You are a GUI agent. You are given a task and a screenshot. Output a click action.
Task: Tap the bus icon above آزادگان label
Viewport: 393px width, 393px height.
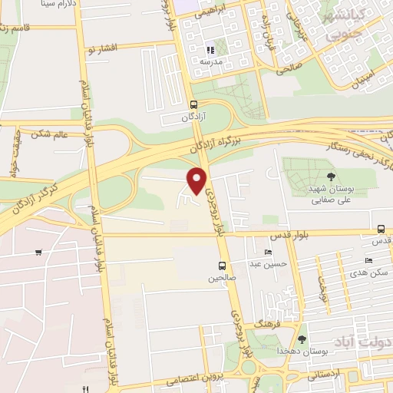[x=193, y=104]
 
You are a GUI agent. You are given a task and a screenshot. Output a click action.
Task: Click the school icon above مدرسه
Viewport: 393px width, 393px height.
[x=210, y=50]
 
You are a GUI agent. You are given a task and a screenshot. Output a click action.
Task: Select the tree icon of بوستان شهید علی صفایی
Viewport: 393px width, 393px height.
[x=331, y=177]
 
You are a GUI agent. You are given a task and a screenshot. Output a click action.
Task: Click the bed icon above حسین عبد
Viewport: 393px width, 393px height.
[x=268, y=253]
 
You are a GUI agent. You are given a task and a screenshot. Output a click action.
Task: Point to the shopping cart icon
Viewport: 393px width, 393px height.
[x=38, y=253]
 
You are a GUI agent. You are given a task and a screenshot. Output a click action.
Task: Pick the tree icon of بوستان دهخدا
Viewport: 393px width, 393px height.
[x=302, y=339]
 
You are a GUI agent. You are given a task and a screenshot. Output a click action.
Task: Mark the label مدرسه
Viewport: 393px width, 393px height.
[x=210, y=61]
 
